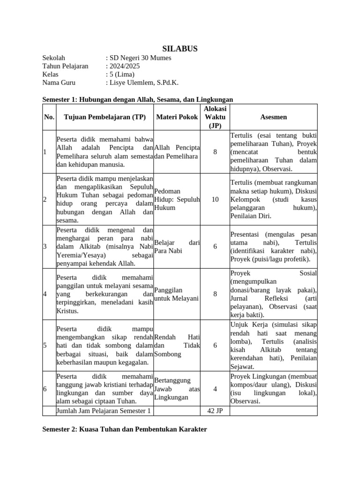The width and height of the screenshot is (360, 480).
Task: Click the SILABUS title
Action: coord(180,49)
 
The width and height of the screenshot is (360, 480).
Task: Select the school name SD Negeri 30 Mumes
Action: coord(140,58)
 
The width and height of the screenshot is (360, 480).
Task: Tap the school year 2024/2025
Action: coord(124,66)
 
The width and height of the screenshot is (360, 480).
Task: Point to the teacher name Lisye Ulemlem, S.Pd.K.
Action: coord(143,82)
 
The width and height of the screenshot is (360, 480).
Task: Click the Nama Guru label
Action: coord(59,82)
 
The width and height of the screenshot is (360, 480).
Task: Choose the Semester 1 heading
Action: coord(137,99)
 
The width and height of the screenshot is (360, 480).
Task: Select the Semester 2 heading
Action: coord(124,429)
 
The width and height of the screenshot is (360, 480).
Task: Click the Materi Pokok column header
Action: coord(177,117)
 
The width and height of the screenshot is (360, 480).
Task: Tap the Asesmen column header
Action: coord(274,117)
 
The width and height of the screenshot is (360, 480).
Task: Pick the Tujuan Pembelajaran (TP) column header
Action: coord(105,117)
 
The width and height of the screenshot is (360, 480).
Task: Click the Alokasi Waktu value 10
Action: coord(215,199)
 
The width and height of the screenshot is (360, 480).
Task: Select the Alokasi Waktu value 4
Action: coord(215,389)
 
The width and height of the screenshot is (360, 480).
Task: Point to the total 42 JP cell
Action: coord(215,411)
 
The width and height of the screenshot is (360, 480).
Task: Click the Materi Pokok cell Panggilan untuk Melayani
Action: coord(176,294)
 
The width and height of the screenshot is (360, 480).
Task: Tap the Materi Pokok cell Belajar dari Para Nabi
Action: coord(177,247)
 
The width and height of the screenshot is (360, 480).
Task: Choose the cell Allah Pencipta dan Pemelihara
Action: coord(177,152)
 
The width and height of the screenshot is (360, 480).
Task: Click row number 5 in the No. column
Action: coord(45,345)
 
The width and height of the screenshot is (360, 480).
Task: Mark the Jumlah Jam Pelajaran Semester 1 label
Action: coord(104,411)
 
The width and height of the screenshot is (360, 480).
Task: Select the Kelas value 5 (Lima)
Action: coord(121,74)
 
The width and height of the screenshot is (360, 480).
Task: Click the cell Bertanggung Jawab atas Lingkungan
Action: coord(177,389)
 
